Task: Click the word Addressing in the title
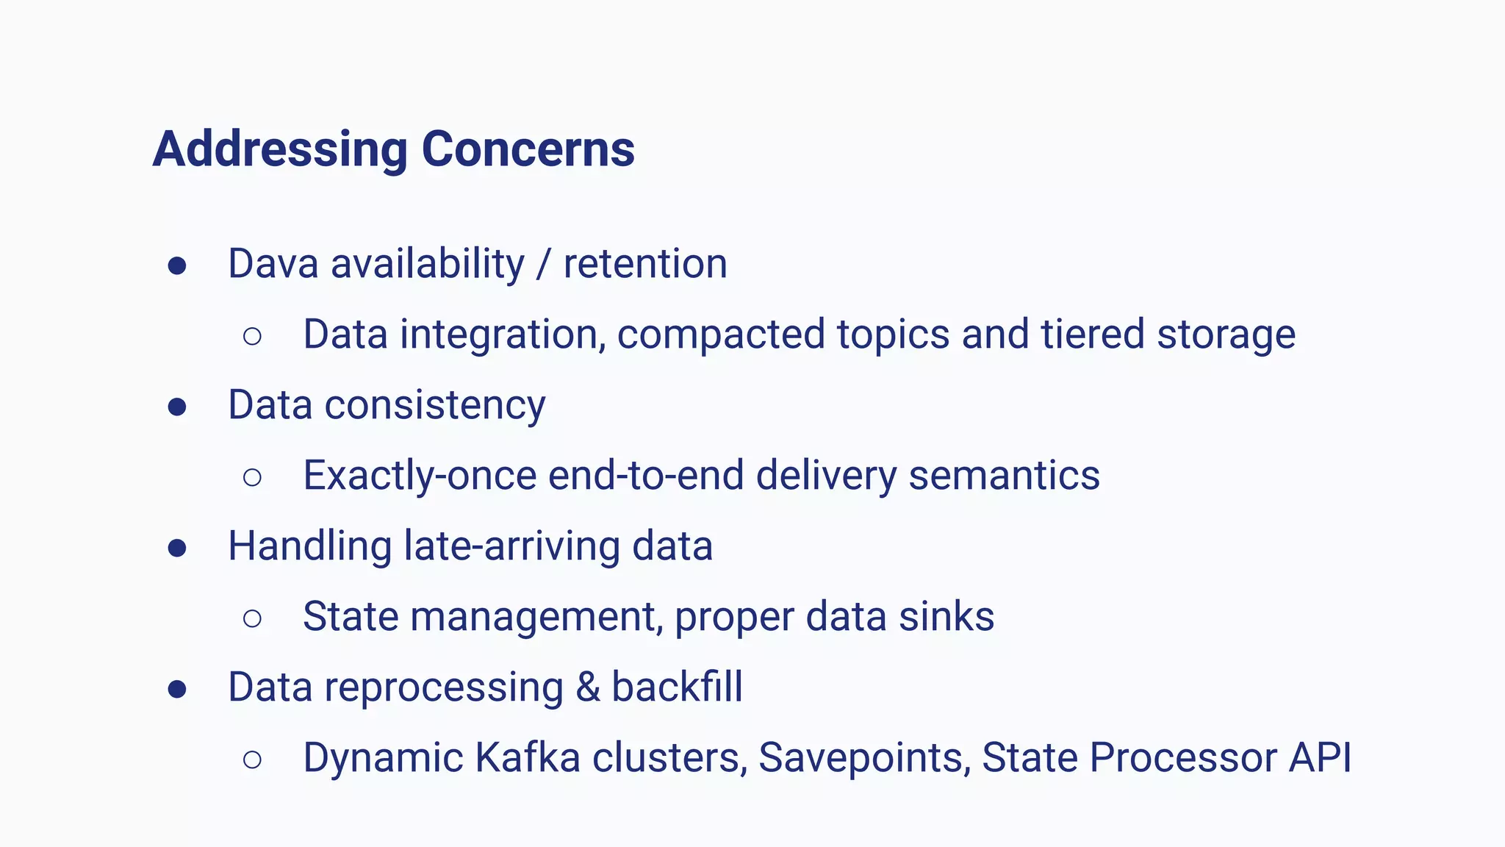(x=280, y=149)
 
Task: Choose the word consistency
(x=435, y=405)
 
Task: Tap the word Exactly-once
(x=420, y=475)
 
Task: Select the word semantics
(x=1004, y=475)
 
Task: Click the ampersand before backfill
(x=587, y=687)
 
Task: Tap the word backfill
(x=677, y=687)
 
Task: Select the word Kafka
(x=528, y=757)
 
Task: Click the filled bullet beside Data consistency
(x=177, y=407)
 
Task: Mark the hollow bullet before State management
(x=252, y=618)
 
